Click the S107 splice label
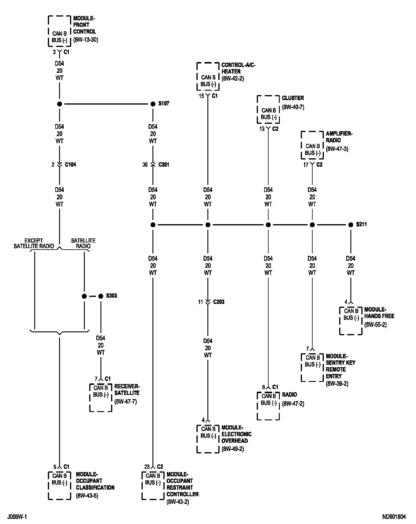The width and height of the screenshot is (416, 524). coord(164,104)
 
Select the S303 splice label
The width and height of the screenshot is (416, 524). coord(111,296)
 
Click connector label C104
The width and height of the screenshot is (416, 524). coord(70,165)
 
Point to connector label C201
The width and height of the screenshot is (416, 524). coord(164,165)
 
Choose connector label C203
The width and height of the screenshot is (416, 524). coord(219,302)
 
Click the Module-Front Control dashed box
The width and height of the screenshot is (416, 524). coord(59,31)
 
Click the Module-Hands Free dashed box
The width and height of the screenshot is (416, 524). coord(351,320)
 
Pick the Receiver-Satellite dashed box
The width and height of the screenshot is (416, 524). coord(101,397)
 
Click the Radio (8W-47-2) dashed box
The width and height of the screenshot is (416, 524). coord(268,406)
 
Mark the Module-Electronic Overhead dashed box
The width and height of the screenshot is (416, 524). coord(208,438)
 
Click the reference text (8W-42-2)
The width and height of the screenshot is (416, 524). coord(233,79)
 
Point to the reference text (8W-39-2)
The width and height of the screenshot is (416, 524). coord(337,384)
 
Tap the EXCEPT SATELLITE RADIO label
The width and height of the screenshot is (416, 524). coord(34,243)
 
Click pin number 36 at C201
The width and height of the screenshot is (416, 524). coord(145,165)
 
